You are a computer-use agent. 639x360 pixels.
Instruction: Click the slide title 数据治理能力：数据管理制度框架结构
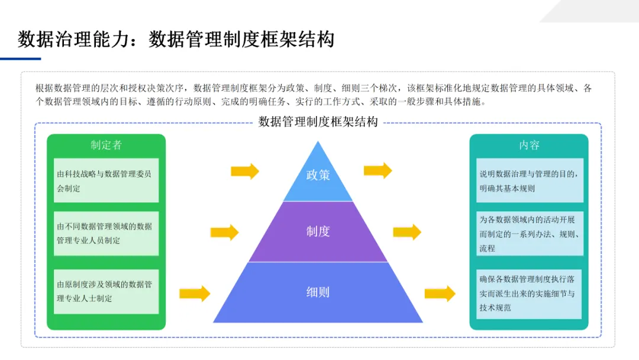tap(176, 39)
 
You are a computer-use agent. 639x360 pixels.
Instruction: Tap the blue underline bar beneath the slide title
tap(21, 59)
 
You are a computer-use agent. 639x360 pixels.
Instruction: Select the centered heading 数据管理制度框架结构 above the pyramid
tap(318, 123)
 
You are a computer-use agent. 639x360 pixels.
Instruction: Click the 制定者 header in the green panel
tap(106, 145)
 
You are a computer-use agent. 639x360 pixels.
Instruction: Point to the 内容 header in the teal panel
tap(529, 145)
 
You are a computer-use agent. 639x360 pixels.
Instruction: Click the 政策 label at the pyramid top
tap(318, 175)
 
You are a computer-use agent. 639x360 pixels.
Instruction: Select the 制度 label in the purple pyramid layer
tap(318, 232)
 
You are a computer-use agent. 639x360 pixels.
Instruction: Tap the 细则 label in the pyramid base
tap(318, 292)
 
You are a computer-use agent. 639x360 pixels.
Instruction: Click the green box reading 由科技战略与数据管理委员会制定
tap(106, 181)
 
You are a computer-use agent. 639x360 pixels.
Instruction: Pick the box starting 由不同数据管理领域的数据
tap(106, 233)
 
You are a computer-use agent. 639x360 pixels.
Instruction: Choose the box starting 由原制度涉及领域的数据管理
tap(106, 291)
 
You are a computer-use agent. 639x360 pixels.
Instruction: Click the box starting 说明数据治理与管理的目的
tap(529, 181)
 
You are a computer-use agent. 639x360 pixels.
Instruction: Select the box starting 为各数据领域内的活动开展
tap(529, 234)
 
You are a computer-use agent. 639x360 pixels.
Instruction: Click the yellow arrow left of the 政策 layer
tap(245, 171)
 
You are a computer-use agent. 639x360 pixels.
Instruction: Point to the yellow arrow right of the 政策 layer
tap(378, 171)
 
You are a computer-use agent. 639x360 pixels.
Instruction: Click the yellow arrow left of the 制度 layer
tap(225, 232)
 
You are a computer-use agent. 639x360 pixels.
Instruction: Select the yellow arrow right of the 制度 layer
tap(407, 232)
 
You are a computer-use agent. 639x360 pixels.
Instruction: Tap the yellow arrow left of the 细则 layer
tap(195, 293)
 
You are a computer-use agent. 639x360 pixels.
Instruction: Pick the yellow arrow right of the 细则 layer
tap(440, 293)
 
